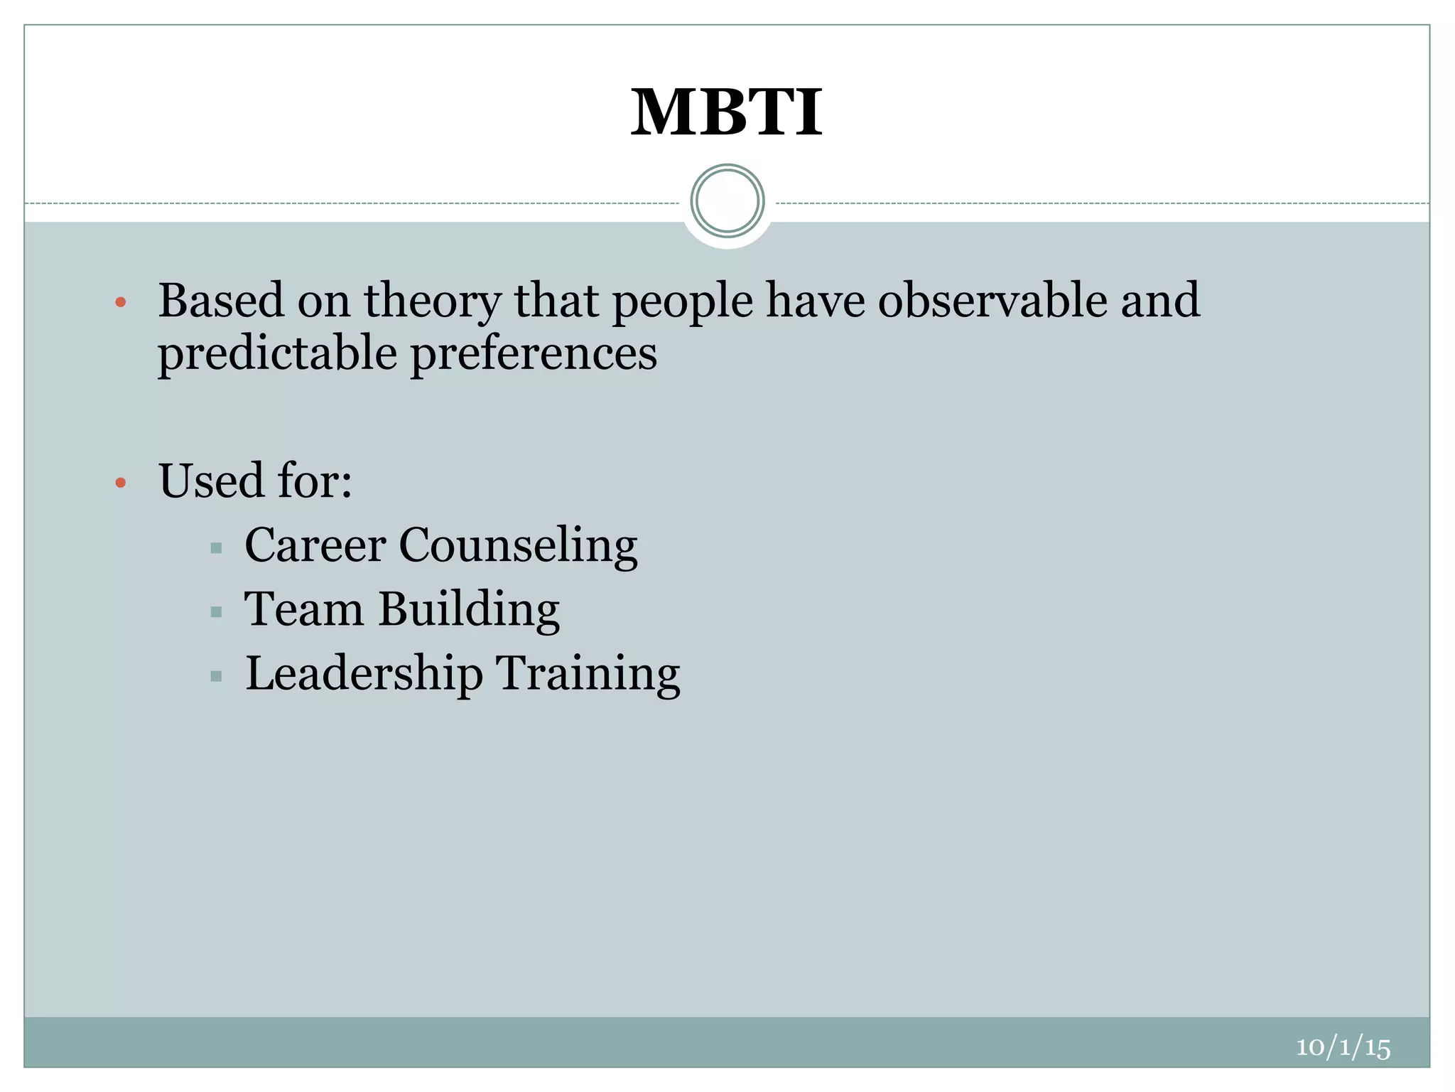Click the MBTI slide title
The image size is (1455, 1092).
(726, 113)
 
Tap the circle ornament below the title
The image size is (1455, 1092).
(727, 201)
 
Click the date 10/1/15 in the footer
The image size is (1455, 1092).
(1343, 1047)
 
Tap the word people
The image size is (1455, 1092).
(682, 301)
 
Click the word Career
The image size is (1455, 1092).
(315, 545)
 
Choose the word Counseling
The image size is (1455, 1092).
(518, 547)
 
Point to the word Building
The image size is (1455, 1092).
(469, 611)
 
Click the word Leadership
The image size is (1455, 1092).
(364, 673)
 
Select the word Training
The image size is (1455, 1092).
(588, 675)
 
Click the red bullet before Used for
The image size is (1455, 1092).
(121, 483)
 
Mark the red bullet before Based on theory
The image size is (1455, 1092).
(121, 303)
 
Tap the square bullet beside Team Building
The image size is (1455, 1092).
(217, 612)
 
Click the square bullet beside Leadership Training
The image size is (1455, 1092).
(217, 676)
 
